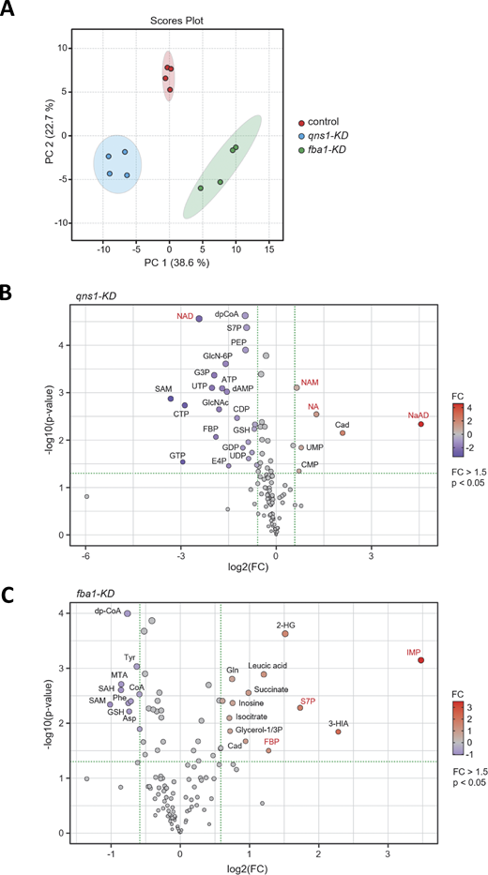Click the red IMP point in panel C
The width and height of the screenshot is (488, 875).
coord(421,660)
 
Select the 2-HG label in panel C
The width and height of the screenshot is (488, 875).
coord(285,625)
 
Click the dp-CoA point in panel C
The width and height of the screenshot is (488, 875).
coord(128,614)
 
